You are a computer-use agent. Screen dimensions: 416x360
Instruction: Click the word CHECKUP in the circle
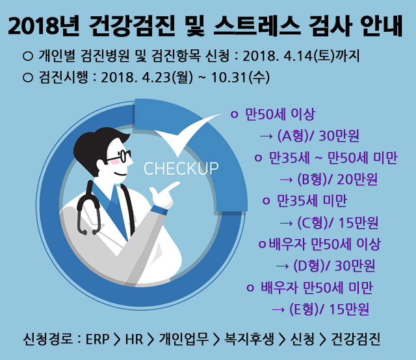(181, 168)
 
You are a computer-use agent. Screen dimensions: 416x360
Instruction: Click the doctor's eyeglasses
(120, 156)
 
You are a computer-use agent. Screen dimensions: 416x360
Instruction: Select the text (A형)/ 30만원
(318, 136)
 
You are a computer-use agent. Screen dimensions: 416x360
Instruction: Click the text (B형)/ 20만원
(337, 179)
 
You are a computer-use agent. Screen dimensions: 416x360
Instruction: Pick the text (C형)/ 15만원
(337, 223)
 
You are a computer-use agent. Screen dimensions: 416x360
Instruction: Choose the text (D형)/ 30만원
(334, 266)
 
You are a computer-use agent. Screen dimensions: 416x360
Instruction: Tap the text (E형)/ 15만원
(330, 309)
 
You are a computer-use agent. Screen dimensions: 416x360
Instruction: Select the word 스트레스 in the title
(257, 26)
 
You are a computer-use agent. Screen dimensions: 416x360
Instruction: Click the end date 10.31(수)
(240, 77)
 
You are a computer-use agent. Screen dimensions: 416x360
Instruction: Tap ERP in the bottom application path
(97, 339)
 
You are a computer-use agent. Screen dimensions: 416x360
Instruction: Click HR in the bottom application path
(134, 339)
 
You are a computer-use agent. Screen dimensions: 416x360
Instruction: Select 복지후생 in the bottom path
(249, 339)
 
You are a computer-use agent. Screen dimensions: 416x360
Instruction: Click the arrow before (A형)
(266, 136)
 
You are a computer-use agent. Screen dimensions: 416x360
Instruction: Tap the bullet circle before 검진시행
(28, 77)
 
